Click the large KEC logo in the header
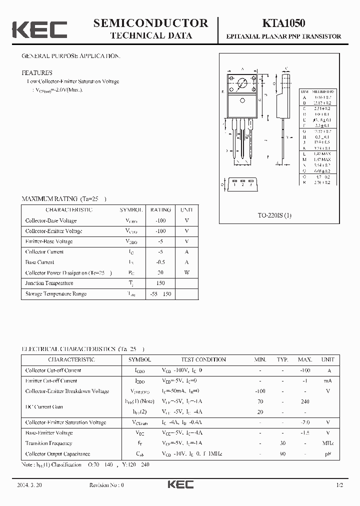(x=39, y=30)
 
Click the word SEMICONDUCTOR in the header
(x=150, y=23)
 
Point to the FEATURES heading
(x=36, y=72)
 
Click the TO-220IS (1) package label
(x=274, y=215)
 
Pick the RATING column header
(x=160, y=210)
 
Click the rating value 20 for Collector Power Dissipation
(x=160, y=273)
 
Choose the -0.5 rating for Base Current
(x=160, y=262)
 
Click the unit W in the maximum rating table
(x=186, y=273)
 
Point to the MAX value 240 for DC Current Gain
(x=304, y=401)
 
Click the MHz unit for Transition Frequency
(x=327, y=443)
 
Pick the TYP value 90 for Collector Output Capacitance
(x=282, y=454)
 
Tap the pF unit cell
(x=327, y=454)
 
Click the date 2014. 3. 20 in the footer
(x=29, y=485)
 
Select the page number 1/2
(x=339, y=485)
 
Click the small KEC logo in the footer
(x=180, y=484)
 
